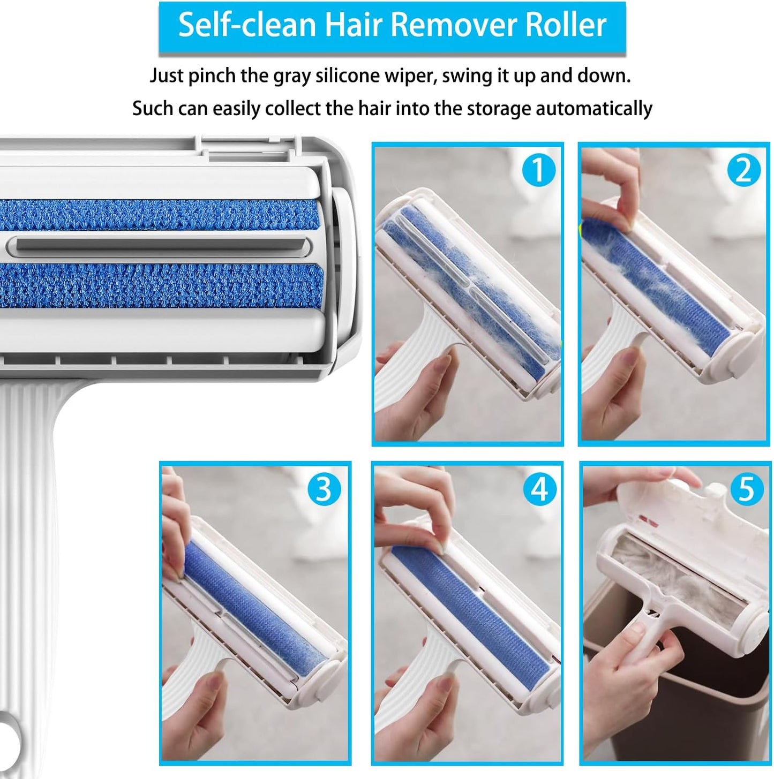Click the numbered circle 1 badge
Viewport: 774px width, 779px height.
[538, 170]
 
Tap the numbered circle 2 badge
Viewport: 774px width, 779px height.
[743, 170]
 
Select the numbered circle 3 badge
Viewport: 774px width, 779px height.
[324, 489]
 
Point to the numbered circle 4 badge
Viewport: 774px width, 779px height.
[539, 489]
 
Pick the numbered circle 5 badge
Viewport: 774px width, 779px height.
[746, 489]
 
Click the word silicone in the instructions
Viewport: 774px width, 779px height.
[350, 76]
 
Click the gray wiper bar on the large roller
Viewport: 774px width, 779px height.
[161, 245]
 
